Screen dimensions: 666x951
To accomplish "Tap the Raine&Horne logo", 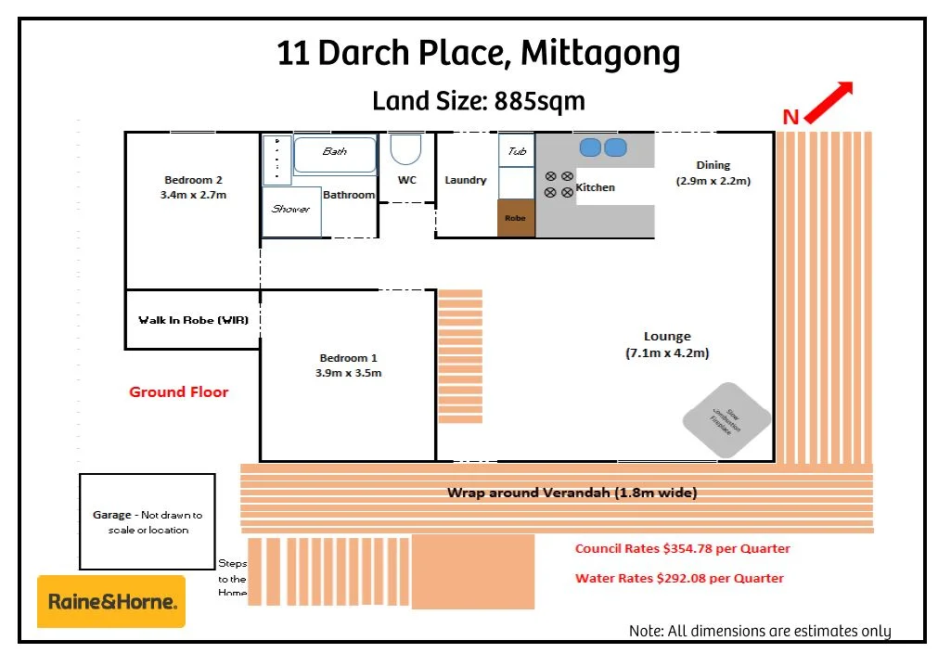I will click(111, 601).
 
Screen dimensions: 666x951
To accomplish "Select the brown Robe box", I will click(516, 218).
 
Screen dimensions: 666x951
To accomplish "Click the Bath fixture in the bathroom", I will click(335, 154).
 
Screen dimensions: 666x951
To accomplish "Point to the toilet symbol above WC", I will click(405, 149).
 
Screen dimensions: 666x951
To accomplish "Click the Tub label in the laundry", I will click(517, 151).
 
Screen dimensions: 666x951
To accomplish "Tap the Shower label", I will click(290, 209).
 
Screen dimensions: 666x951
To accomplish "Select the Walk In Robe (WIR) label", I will click(193, 320).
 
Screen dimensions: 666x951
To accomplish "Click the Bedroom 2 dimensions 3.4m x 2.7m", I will click(193, 196).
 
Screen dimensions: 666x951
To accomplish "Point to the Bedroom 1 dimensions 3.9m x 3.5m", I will click(348, 373).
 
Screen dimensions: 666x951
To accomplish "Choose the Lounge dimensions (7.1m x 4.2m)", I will click(667, 352).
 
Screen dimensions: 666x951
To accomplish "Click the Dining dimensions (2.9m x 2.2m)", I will click(713, 181).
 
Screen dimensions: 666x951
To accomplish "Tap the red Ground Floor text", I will click(178, 392).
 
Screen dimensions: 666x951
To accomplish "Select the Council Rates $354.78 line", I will click(682, 548).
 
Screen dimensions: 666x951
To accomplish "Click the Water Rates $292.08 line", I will click(679, 578).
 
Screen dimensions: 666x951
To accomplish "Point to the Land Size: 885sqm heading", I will click(479, 100).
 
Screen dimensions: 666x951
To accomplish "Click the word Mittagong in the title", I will click(600, 54).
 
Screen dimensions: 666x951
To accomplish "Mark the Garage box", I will click(147, 521).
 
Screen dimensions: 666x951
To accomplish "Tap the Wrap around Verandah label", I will click(572, 493).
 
